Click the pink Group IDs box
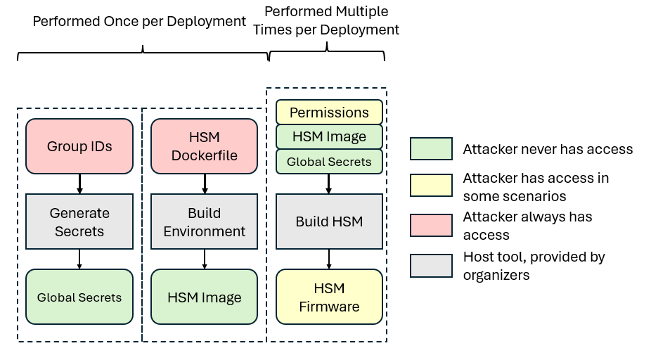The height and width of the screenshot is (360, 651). coord(79,146)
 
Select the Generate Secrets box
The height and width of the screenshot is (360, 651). coord(79,221)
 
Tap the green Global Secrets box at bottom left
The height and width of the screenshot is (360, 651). coord(79,297)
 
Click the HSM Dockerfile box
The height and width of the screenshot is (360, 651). coord(205,146)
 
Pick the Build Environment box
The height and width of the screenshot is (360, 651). coord(205,221)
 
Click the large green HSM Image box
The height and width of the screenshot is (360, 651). coord(205,297)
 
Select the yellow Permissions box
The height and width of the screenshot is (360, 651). coord(329,112)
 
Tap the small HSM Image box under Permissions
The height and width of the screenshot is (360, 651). coord(329,136)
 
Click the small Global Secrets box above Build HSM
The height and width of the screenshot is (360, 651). coord(329,161)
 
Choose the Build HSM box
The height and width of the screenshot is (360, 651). coord(329,221)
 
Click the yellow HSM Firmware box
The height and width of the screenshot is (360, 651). coord(329,297)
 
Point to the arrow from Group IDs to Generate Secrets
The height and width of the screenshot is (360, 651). coord(79,184)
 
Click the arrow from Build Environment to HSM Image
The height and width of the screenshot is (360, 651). coord(205,259)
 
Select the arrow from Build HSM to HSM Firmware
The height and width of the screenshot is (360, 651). coord(329,259)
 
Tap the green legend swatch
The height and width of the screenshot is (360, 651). coord(431,149)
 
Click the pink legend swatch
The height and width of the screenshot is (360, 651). coord(431,226)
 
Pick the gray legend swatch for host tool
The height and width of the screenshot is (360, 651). coord(431,265)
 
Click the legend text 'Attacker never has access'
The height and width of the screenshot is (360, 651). coord(548,149)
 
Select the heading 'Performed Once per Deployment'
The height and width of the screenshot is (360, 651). coord(139,22)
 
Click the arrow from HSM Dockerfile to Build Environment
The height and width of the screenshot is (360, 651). coord(205,184)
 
